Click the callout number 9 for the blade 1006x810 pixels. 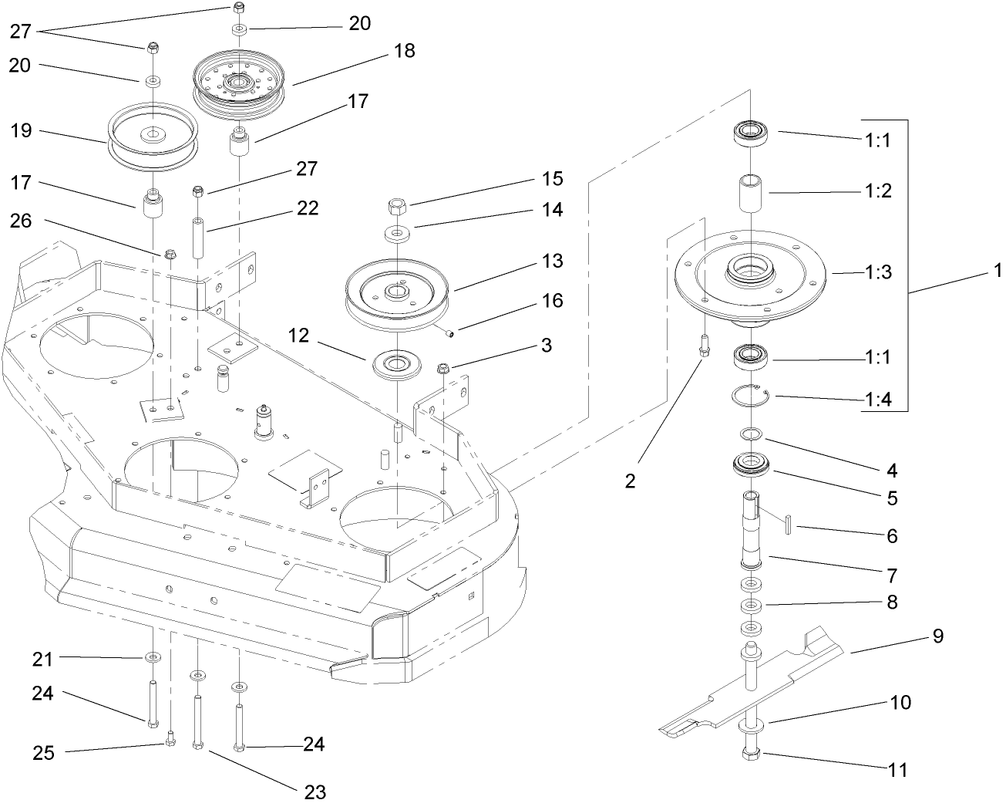[937, 636]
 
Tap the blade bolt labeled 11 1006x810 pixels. [752, 754]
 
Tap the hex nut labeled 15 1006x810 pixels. [397, 205]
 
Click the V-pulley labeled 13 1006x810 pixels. [398, 298]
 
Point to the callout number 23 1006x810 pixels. [315, 791]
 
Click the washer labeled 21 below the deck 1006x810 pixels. [153, 657]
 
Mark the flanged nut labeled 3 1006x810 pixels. [443, 369]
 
